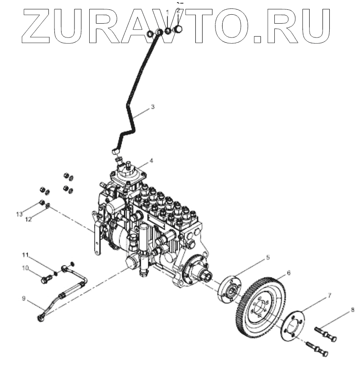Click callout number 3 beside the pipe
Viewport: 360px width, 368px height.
tap(153, 107)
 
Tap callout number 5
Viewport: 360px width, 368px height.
tap(268, 257)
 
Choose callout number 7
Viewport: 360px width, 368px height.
tap(330, 295)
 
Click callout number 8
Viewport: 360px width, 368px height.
tap(352, 309)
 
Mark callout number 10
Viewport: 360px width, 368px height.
tap(25, 268)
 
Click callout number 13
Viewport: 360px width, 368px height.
tap(19, 215)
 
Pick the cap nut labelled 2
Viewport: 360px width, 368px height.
tap(180, 29)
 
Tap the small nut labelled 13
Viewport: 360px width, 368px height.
tap(41, 203)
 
